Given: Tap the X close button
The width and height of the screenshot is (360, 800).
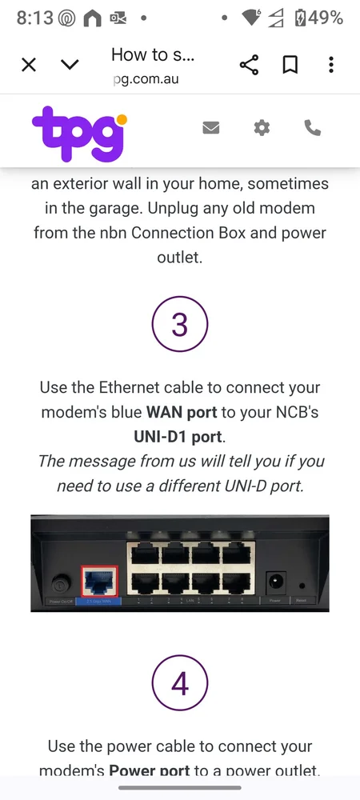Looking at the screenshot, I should click(29, 65).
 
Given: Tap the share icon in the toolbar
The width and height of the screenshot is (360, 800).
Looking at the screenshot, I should click(249, 65).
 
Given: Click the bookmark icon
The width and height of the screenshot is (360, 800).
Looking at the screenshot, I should click(290, 65).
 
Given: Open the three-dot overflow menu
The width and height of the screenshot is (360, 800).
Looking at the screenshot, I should click(331, 65).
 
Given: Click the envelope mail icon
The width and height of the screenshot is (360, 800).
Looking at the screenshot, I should click(211, 127).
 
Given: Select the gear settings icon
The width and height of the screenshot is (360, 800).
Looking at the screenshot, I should click(262, 127).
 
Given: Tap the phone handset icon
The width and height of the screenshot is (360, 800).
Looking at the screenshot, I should click(312, 127).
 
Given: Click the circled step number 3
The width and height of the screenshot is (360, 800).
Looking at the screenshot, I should click(180, 324).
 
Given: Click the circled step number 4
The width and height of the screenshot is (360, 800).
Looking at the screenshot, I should click(180, 684).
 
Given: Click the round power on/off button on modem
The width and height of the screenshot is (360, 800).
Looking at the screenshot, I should click(56, 582).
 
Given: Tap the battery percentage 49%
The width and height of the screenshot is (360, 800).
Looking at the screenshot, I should click(326, 18).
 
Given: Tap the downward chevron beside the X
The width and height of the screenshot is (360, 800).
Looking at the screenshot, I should click(70, 65).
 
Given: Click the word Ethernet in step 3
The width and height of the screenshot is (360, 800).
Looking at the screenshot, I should click(130, 387).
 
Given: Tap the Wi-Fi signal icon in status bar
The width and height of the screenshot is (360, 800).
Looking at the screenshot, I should click(251, 18).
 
